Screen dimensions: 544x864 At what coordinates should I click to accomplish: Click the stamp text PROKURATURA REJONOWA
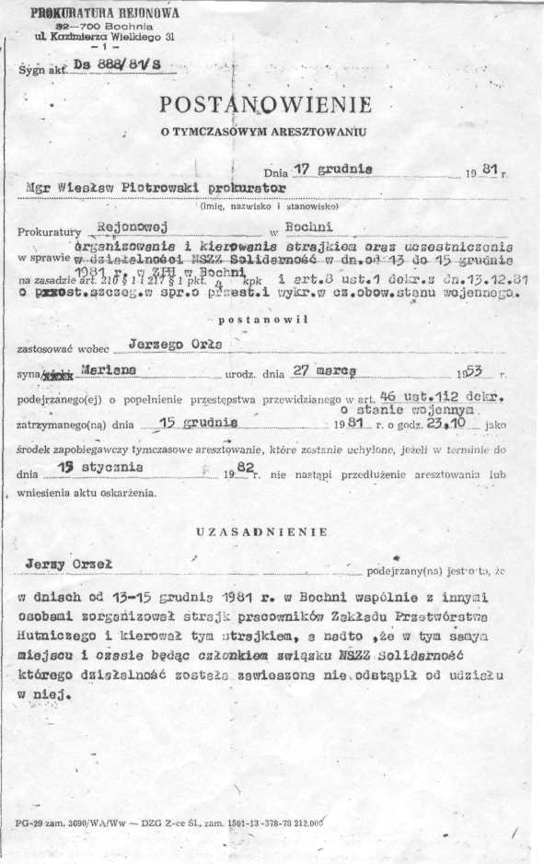105,14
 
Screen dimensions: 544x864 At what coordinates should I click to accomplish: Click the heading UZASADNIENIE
262,531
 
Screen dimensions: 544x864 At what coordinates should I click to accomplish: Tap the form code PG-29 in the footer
30,819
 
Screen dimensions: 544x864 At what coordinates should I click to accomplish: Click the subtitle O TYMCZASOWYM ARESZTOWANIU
262,132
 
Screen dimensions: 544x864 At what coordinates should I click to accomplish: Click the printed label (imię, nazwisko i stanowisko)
262,205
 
